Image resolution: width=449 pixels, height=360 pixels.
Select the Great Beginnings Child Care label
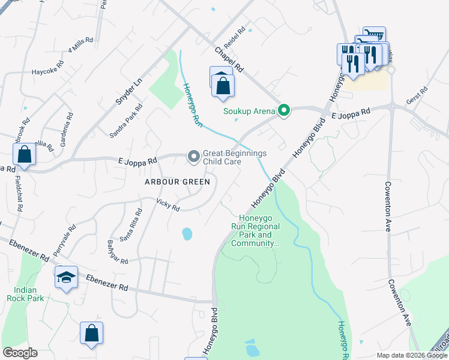[x=235, y=157]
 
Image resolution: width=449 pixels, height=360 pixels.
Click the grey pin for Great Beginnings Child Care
[x=193, y=157]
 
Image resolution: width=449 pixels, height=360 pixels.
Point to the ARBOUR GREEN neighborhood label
[x=178, y=182]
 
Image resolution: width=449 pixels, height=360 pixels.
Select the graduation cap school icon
[x=67, y=277]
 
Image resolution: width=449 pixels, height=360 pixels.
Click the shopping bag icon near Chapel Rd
[x=223, y=85]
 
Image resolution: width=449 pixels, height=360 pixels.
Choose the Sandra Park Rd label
[x=126, y=121]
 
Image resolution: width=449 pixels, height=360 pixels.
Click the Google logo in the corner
[x=20, y=353]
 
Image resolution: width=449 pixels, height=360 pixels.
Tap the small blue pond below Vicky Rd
[x=187, y=233]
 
